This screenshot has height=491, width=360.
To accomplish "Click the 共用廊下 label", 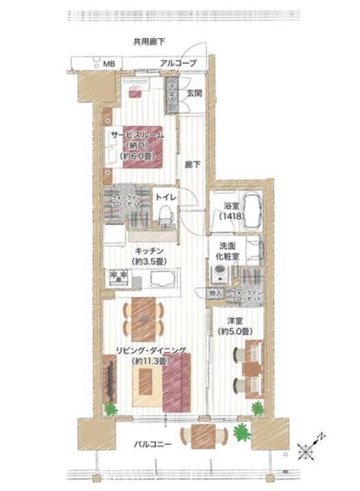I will pos(150,41).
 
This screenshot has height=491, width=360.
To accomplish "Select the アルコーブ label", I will pos(178,63).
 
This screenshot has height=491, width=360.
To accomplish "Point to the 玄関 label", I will pos(194,94).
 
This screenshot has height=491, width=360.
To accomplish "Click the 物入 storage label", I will pos(215,294).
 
